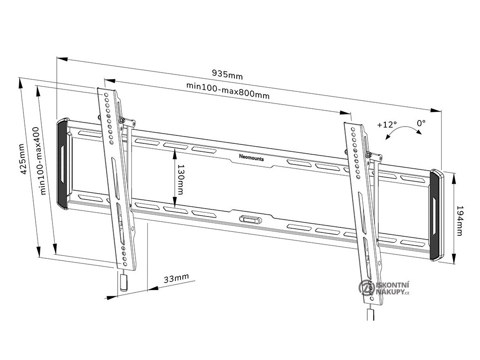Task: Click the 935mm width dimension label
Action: click(227, 74)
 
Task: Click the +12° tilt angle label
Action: click(386, 125)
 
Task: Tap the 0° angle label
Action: click(421, 123)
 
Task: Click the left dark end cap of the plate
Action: click(62, 164)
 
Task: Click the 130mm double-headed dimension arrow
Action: click(174, 178)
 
